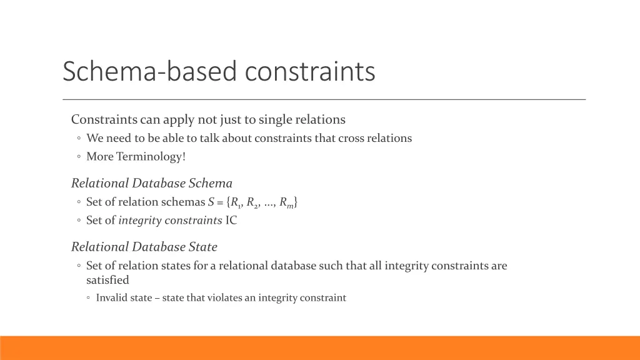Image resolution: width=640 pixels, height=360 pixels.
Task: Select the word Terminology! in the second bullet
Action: [151, 156]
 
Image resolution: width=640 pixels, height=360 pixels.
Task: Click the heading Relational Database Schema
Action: [152, 183]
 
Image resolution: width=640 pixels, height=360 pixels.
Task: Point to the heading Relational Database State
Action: [144, 247]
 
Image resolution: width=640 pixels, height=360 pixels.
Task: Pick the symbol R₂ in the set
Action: [252, 202]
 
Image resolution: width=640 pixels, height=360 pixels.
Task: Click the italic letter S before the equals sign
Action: [211, 202]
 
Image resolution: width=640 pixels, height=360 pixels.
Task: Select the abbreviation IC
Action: [231, 220]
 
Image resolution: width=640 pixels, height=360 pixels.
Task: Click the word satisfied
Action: [107, 280]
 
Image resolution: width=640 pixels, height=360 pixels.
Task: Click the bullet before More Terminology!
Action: [79, 157]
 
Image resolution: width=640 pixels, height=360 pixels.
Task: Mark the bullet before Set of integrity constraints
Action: [79, 221]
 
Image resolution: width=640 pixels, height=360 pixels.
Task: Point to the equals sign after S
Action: [220, 202]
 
